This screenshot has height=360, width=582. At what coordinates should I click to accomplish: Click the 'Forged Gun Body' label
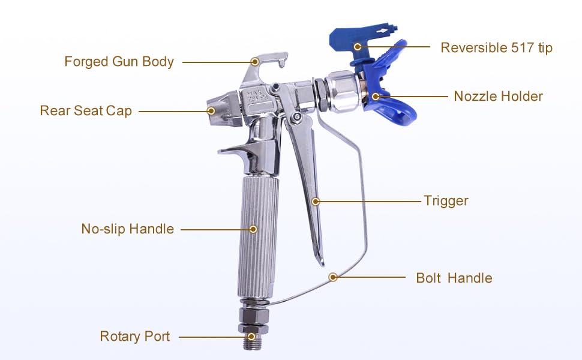point(119,62)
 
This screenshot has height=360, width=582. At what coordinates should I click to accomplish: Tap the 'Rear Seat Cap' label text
point(86,110)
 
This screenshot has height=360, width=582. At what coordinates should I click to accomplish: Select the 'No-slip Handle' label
point(127,229)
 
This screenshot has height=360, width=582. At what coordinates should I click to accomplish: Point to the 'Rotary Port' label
point(135,336)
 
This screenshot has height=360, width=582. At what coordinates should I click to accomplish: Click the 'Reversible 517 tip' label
point(496,47)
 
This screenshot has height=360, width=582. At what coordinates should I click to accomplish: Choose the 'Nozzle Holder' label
point(498,96)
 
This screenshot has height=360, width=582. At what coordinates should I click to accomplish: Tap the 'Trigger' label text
point(446,201)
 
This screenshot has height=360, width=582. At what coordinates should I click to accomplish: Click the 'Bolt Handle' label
point(454,278)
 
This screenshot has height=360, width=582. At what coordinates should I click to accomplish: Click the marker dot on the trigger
point(316,202)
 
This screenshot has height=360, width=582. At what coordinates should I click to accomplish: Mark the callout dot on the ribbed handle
point(253,229)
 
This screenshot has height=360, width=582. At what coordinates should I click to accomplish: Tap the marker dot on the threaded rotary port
point(251,337)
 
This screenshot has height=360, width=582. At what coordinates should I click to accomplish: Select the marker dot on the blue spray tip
point(358,47)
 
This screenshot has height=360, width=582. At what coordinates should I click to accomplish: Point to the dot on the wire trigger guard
point(333,277)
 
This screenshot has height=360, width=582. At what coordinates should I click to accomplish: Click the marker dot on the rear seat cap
point(211,110)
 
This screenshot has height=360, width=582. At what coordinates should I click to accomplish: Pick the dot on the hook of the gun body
point(254,62)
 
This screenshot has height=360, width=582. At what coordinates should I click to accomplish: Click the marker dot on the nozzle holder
point(376,97)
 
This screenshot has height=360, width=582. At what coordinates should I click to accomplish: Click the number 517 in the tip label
point(523,47)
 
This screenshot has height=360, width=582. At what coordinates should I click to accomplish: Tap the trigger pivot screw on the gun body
point(296,117)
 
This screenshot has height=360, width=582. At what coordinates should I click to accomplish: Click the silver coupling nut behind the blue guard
point(343,91)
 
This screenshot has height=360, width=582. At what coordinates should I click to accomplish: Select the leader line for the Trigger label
point(370,202)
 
